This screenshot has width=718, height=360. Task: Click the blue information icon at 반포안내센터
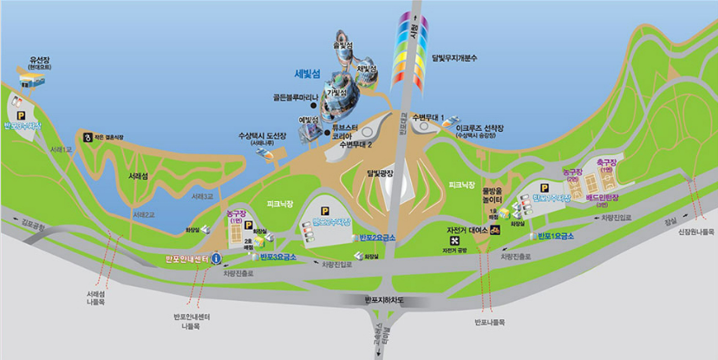216,258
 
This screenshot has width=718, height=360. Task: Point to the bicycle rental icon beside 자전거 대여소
494,230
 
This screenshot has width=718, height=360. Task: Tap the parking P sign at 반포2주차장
326,210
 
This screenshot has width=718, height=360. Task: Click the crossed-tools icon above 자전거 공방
454,240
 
